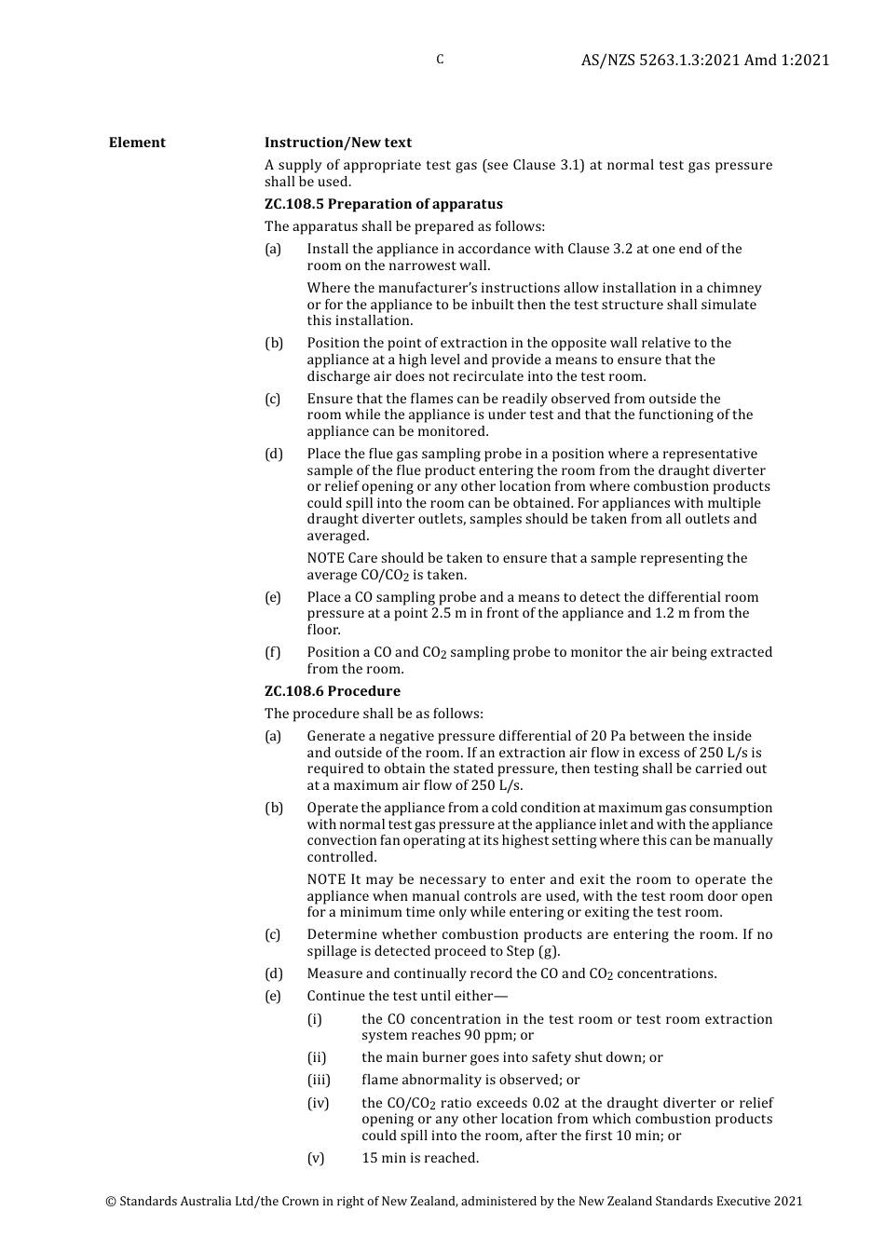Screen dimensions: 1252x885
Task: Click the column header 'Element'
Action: (137, 143)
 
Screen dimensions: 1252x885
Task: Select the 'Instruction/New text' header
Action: (337, 143)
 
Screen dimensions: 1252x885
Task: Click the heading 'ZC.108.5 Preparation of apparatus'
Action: (383, 204)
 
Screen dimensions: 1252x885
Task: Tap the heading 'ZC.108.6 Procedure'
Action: (332, 691)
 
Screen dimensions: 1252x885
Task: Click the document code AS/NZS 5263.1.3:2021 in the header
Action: (660, 60)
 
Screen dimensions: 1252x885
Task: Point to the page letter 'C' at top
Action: (440, 60)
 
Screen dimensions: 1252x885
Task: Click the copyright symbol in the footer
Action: (111, 1202)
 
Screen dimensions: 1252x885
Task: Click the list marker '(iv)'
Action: (318, 1103)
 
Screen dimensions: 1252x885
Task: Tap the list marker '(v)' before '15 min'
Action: (316, 1158)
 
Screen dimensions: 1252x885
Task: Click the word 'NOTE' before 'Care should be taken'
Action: (326, 558)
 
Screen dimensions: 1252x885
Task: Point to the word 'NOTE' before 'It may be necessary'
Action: (326, 879)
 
